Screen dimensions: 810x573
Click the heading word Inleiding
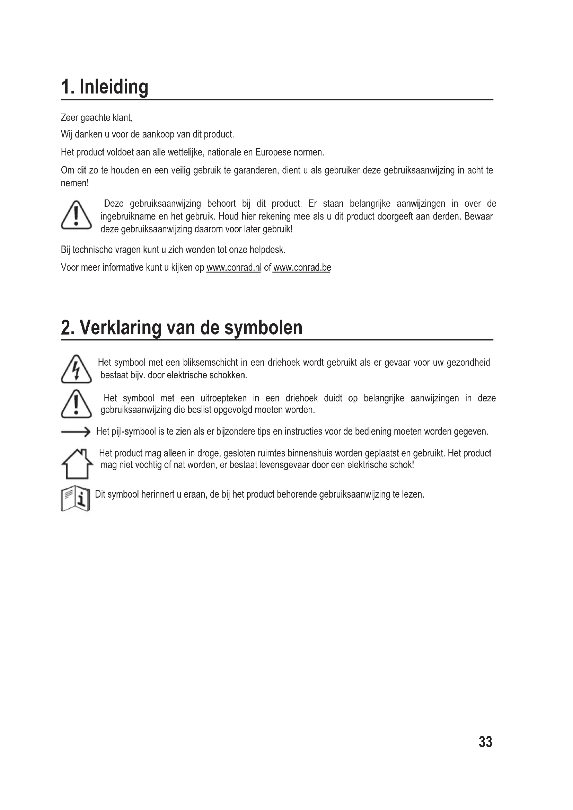tap(114, 87)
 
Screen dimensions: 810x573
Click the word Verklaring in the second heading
tap(120, 327)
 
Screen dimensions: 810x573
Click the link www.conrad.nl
tap(233, 268)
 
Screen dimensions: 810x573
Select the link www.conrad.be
tap(302, 268)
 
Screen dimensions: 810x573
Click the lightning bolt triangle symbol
tap(76, 369)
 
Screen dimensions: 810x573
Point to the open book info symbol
tap(76, 500)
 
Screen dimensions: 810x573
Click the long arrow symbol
tap(76, 431)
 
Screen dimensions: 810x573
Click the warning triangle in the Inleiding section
tap(76, 215)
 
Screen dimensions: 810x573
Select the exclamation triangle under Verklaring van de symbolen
tap(76, 404)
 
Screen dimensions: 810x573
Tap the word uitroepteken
tap(223, 398)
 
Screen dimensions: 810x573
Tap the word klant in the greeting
tap(122, 117)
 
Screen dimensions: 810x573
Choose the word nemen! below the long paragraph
tap(75, 183)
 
